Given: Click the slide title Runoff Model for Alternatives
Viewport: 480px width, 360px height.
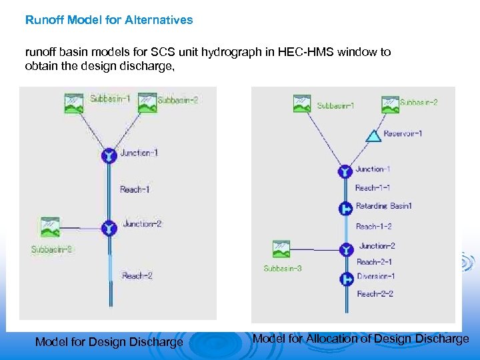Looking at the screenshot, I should pos(109,20).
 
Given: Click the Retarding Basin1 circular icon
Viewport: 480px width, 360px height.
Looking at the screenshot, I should pos(345,209).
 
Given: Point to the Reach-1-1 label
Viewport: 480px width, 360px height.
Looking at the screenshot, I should pos(373,188).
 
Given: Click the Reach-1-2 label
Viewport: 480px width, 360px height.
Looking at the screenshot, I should pos(373,227).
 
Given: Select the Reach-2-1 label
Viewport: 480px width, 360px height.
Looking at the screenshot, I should pos(375,262).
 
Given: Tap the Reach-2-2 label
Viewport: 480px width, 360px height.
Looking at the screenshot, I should pos(375,294).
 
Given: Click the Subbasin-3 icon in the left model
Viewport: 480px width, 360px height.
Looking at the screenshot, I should pos(50,227).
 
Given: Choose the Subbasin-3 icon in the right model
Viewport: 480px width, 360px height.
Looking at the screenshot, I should pos(281,249).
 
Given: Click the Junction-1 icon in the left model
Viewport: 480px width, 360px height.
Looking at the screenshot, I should pos(109,155).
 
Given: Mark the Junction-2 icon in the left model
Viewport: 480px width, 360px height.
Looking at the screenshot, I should pos(109,228).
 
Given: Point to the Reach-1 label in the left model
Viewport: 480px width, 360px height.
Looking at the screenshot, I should pos(135,189).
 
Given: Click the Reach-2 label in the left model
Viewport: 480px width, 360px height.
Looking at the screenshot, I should pos(137,275).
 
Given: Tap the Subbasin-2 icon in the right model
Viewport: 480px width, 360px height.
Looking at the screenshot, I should pos(390,104).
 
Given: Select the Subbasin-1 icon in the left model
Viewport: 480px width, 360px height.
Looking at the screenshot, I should pos(73,102).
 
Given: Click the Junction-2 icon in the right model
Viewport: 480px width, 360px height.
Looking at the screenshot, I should pos(345,249).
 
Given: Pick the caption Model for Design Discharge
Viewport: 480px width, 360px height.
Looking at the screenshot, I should pos(109,342).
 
